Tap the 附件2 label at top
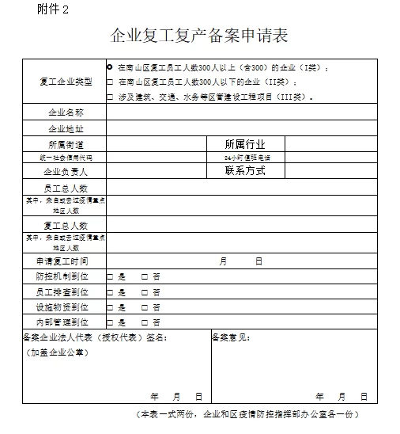(53, 10)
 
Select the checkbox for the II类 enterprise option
(110, 82)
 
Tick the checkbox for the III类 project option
(110, 97)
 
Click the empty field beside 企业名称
(250, 112)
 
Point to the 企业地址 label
(66, 128)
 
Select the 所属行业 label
(245, 144)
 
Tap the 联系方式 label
(245, 170)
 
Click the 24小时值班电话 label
(247, 158)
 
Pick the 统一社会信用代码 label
(66, 158)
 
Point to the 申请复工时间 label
(62, 261)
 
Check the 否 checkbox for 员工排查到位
(144, 292)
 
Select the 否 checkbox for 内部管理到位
(144, 322)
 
